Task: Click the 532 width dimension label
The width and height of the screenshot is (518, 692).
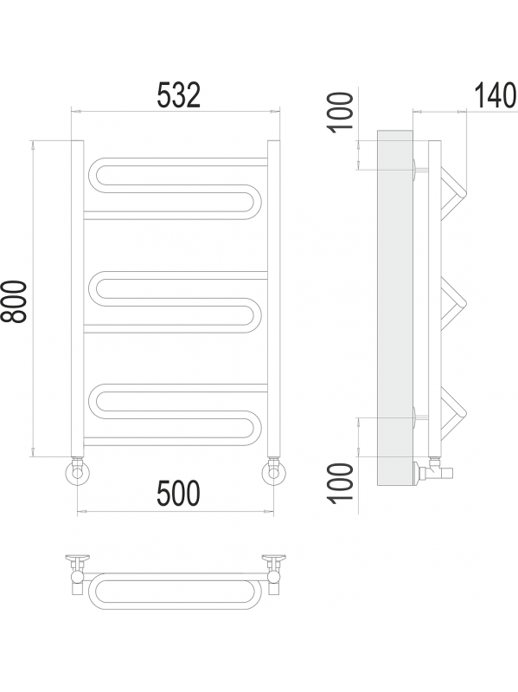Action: coord(179,95)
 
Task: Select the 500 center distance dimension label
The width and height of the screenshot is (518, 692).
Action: coord(178,493)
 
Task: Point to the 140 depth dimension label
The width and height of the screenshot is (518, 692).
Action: coord(496,95)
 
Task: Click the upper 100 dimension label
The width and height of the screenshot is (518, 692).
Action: coord(342,111)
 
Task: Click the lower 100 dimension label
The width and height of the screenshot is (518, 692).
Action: coord(342,482)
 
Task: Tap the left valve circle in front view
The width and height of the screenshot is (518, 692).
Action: coord(78,473)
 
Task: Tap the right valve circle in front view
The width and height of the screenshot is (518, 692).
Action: coord(273,473)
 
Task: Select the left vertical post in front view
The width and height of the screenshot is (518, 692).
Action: coord(78,299)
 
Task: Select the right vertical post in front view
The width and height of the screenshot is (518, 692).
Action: coord(273,299)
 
